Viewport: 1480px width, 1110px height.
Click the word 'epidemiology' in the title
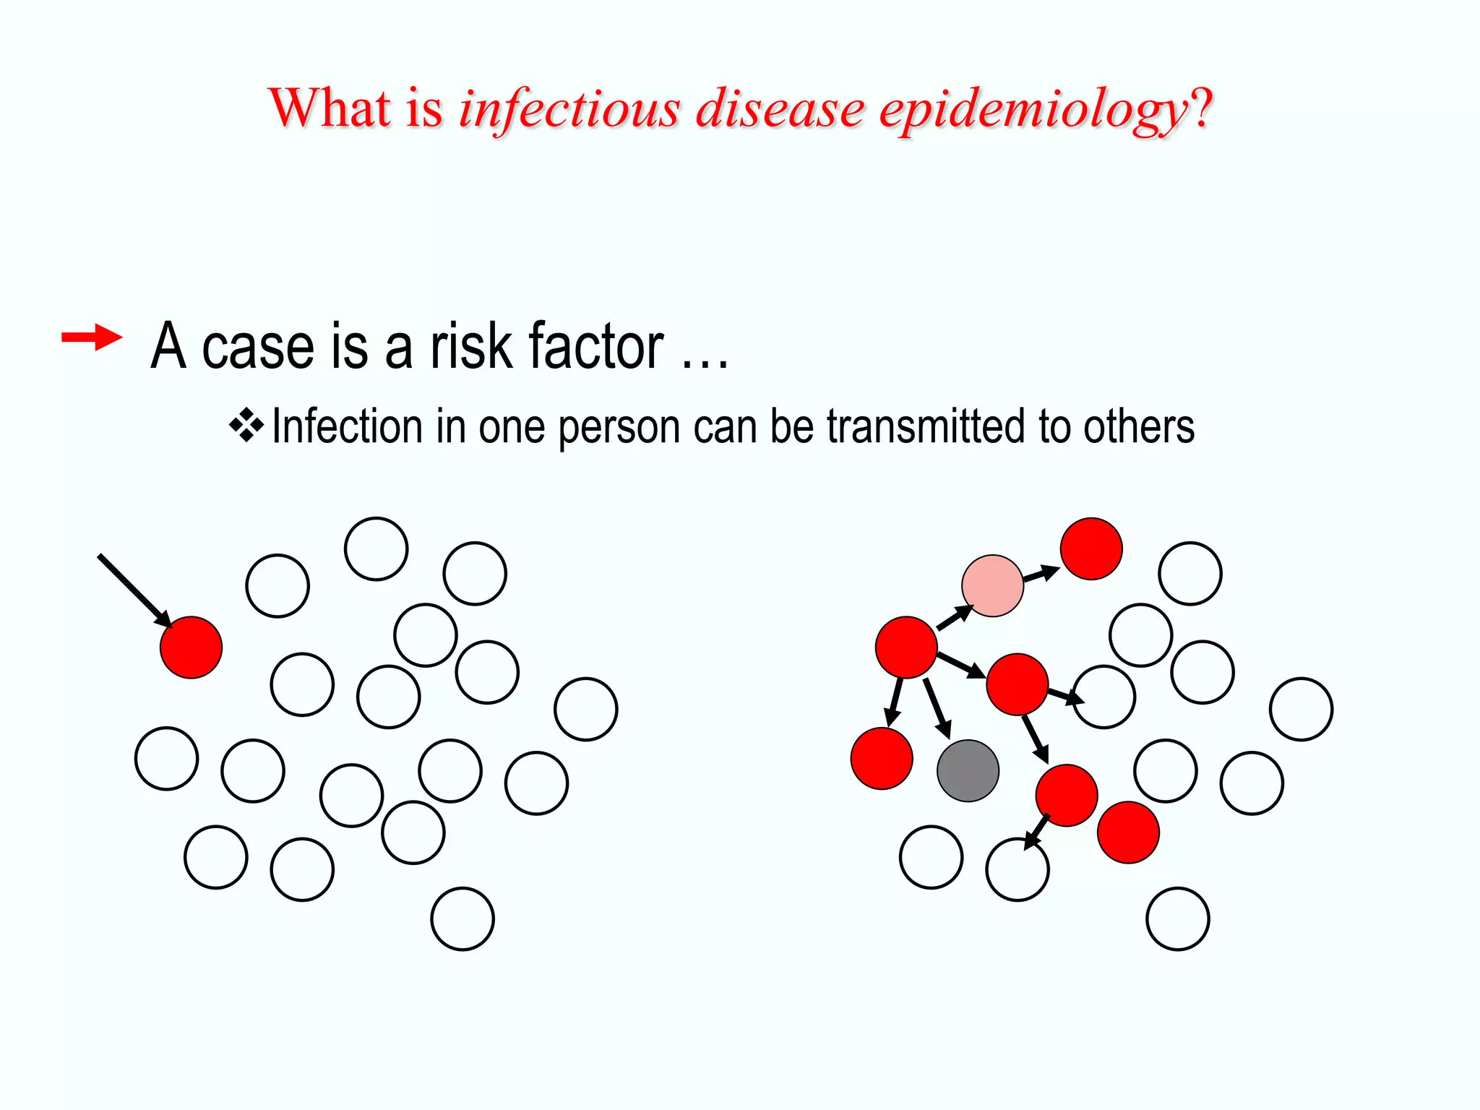(x=1033, y=111)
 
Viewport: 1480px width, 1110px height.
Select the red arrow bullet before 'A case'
(x=92, y=337)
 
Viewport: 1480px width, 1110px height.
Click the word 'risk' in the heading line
(x=470, y=347)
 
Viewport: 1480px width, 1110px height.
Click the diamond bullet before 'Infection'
(x=246, y=426)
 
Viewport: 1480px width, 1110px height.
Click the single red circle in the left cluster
(x=191, y=647)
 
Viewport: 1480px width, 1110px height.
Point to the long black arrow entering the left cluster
(x=134, y=589)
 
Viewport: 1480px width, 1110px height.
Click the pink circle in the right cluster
(x=993, y=585)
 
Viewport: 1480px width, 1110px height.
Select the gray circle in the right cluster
(x=968, y=770)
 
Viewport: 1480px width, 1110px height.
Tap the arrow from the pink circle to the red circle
(x=1041, y=575)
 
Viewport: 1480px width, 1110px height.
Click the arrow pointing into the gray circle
(x=937, y=708)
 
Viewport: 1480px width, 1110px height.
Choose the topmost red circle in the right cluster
(x=1091, y=548)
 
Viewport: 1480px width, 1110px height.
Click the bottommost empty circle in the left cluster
(x=462, y=918)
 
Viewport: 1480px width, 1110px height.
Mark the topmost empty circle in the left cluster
(x=376, y=548)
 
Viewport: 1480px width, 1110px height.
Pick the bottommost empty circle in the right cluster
(x=1178, y=918)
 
